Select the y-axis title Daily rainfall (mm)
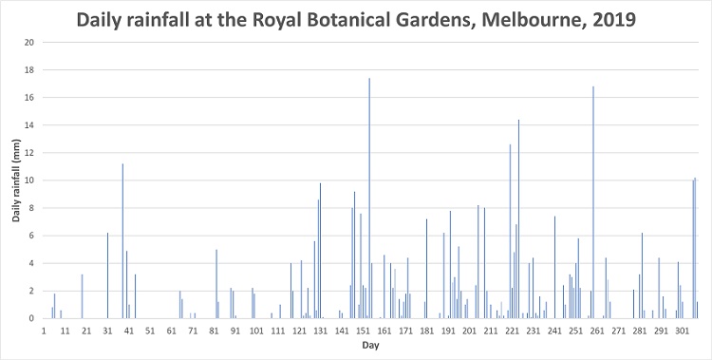(17, 180)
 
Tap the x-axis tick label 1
(44, 331)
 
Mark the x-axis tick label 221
(512, 331)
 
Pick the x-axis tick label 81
(215, 331)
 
